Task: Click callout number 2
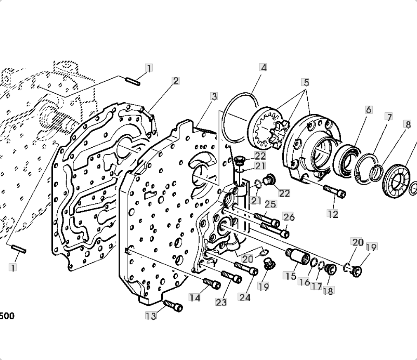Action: click(x=176, y=81)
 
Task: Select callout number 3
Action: click(x=214, y=96)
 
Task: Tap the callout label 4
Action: click(x=263, y=67)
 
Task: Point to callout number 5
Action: click(x=306, y=82)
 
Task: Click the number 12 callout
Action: click(x=332, y=214)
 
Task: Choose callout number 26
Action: click(x=289, y=217)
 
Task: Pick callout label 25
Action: click(x=271, y=204)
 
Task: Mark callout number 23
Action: click(x=221, y=302)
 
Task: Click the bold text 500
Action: click(x=7, y=316)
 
